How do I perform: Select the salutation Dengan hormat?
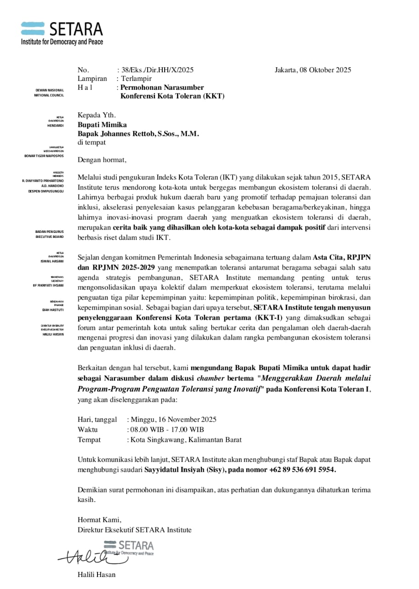(102, 160)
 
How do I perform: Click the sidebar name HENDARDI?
(55, 125)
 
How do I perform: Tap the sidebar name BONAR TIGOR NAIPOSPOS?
(44, 156)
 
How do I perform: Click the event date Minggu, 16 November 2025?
(173, 419)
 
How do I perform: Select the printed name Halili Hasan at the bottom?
(97, 574)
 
